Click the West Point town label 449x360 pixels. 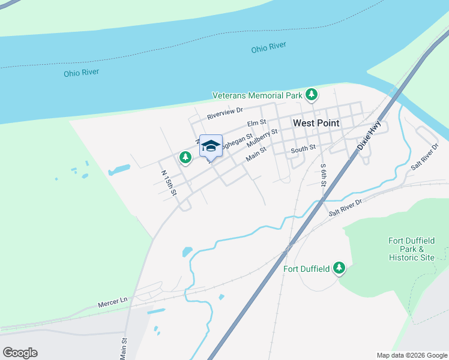(316, 123)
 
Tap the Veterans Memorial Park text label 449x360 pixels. (257, 95)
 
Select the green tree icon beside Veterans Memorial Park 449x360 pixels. (311, 94)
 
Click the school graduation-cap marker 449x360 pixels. (211, 146)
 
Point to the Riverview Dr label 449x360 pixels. (224, 110)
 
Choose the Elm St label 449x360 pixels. (256, 124)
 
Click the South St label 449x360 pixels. (303, 149)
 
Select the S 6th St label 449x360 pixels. (323, 175)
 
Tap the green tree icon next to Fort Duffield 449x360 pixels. (339, 268)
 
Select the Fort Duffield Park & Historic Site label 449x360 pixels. (411, 249)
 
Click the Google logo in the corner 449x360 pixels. (20, 353)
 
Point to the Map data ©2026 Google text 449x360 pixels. (411, 355)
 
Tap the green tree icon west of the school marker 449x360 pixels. (185, 157)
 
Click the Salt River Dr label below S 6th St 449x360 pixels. (346, 208)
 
